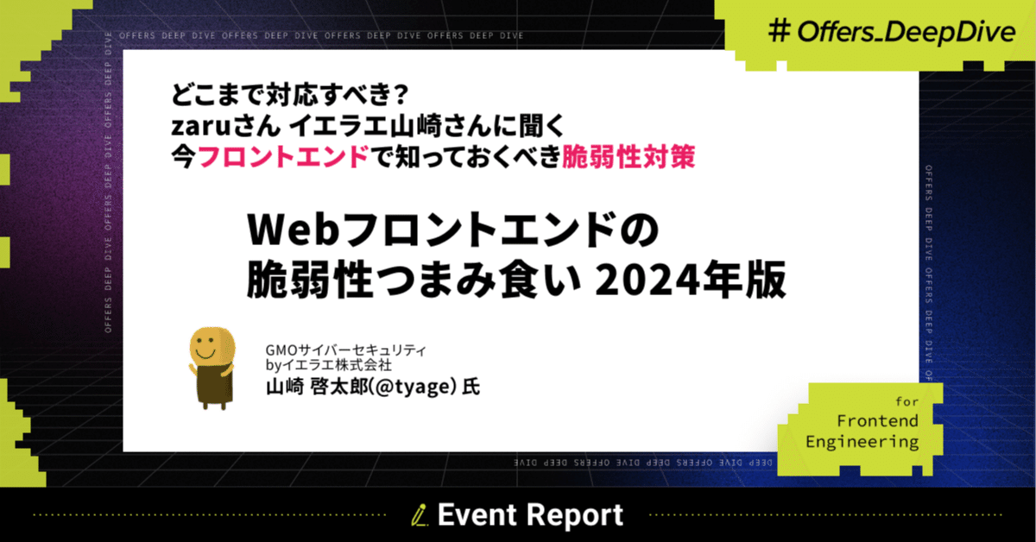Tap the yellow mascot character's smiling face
[x=210, y=350]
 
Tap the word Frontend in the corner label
[x=877, y=420]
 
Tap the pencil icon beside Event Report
[x=421, y=516]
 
